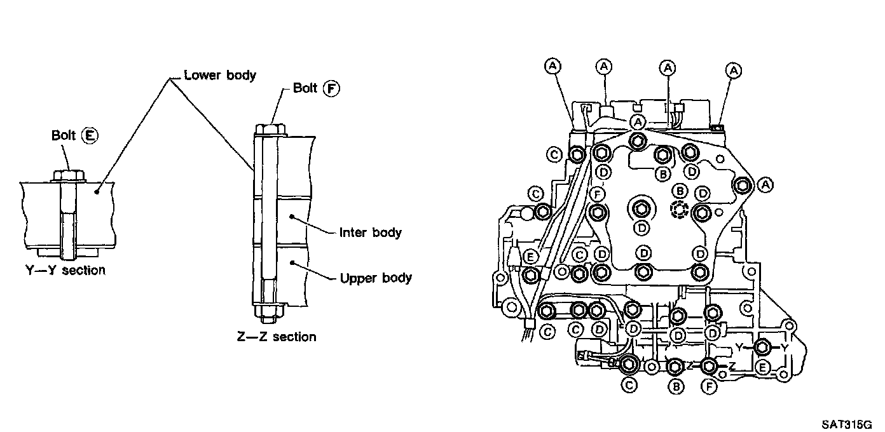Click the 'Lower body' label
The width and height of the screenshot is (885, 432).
point(220,75)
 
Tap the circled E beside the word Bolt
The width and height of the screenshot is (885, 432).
point(90,135)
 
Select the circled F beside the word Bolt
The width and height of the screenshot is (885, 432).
point(331,88)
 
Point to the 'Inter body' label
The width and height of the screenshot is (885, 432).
point(370,232)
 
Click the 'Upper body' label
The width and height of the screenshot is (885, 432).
point(376,278)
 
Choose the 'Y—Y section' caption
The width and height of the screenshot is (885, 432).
point(65,270)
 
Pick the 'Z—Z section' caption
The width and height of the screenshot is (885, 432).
point(277,337)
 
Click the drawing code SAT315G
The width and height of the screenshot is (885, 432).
point(847,424)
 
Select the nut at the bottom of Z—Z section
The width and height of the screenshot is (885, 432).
point(269,311)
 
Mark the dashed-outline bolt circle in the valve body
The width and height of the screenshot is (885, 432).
point(680,210)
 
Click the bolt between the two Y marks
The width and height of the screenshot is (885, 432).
point(762,348)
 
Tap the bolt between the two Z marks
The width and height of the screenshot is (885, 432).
point(709,367)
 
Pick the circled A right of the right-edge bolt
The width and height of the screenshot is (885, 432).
point(765,185)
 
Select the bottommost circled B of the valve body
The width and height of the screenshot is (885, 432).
point(676,386)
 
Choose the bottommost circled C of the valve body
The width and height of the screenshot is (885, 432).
point(629,384)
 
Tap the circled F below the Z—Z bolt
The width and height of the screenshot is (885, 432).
point(709,387)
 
